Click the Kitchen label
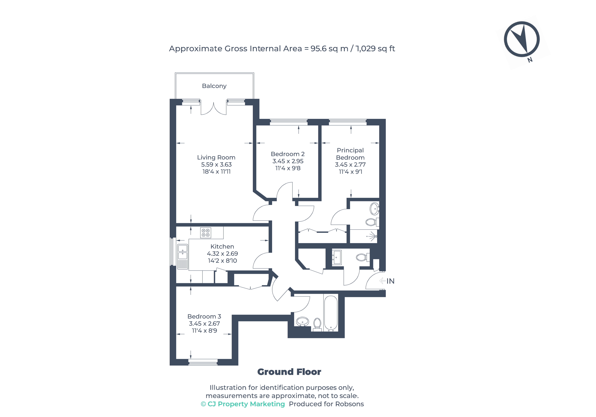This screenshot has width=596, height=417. (x=222, y=247)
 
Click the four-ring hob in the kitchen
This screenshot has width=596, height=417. (x=206, y=233)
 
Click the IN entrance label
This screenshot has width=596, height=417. (x=390, y=281)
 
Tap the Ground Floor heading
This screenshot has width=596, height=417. (x=289, y=372)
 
